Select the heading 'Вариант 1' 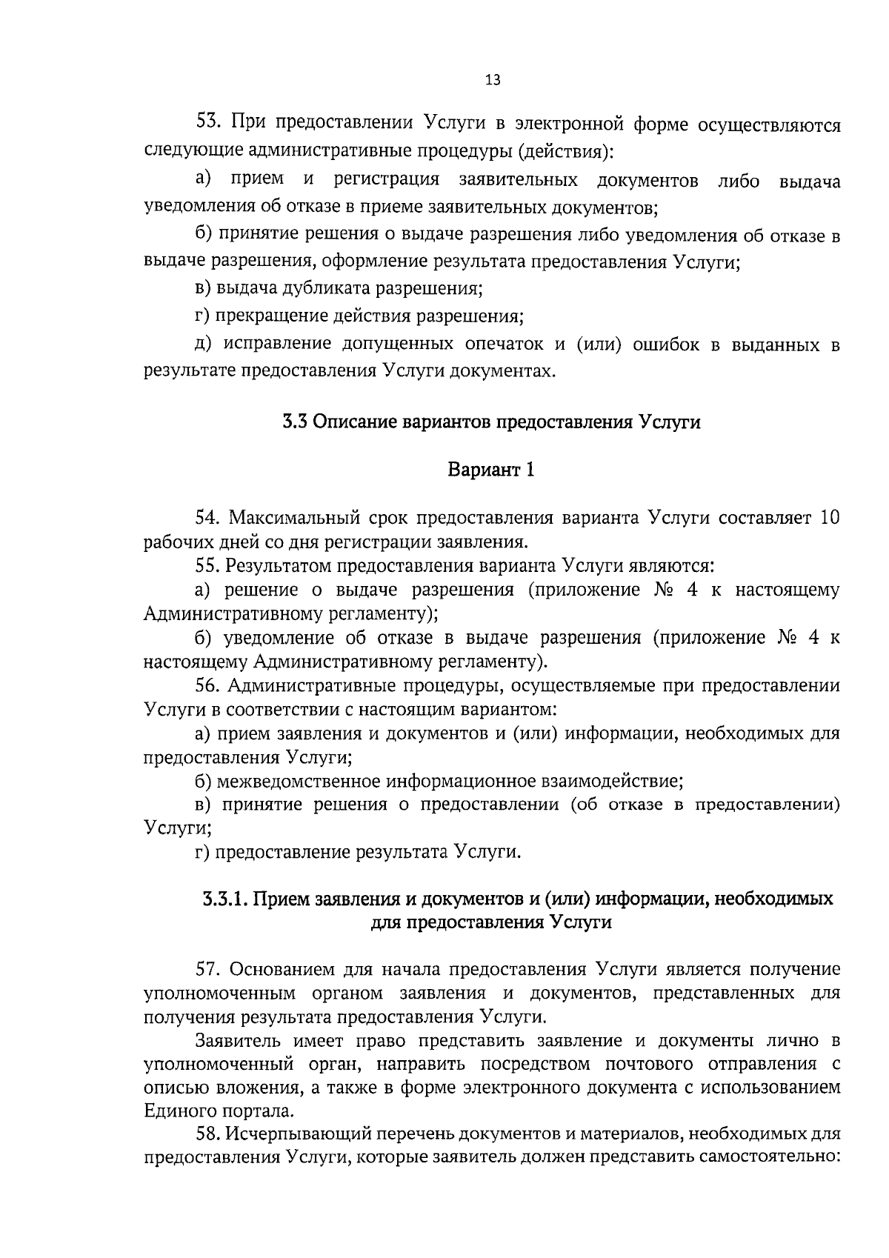[490, 470]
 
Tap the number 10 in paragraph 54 [830, 518]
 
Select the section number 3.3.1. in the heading [225, 899]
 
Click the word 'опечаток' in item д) [505, 345]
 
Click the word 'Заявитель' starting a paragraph [239, 1040]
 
